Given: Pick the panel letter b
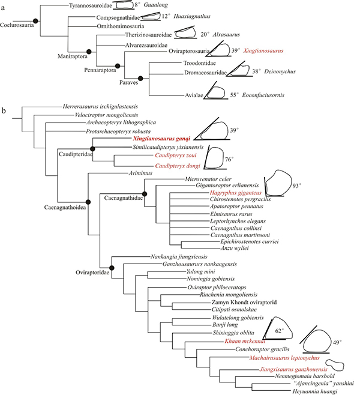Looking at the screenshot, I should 4,111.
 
